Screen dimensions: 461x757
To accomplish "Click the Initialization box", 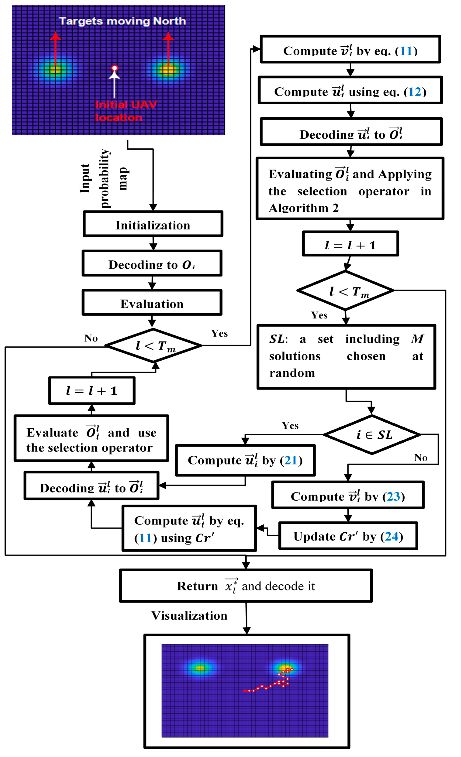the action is pos(153,224).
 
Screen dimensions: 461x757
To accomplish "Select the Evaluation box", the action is pos(152,302).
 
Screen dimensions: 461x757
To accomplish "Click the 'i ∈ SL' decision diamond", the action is pos(372,434).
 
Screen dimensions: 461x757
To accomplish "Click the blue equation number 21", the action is pos(291,460).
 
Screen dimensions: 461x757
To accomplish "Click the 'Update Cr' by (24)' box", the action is pos(348,536).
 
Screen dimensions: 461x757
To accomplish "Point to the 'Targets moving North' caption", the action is pos(122,21).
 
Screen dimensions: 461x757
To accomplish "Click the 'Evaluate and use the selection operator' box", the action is pos(91,438).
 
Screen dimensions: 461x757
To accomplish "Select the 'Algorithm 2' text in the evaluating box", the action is pos(304,208).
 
